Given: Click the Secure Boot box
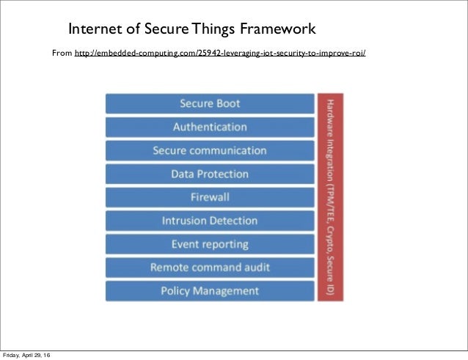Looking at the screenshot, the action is point(210,103).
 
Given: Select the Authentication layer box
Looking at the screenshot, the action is point(210,127).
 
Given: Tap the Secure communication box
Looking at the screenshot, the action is point(210,150).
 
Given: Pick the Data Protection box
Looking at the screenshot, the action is point(210,174).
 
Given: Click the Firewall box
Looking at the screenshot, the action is point(210,197).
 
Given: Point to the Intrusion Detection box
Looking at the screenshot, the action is point(210,221).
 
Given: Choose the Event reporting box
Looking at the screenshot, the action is point(210,244).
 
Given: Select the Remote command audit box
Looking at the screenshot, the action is point(210,268).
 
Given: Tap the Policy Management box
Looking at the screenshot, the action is point(210,291).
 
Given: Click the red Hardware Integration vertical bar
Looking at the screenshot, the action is point(330,197).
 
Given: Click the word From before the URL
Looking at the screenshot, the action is point(61,54).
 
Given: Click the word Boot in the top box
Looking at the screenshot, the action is point(226,103).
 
